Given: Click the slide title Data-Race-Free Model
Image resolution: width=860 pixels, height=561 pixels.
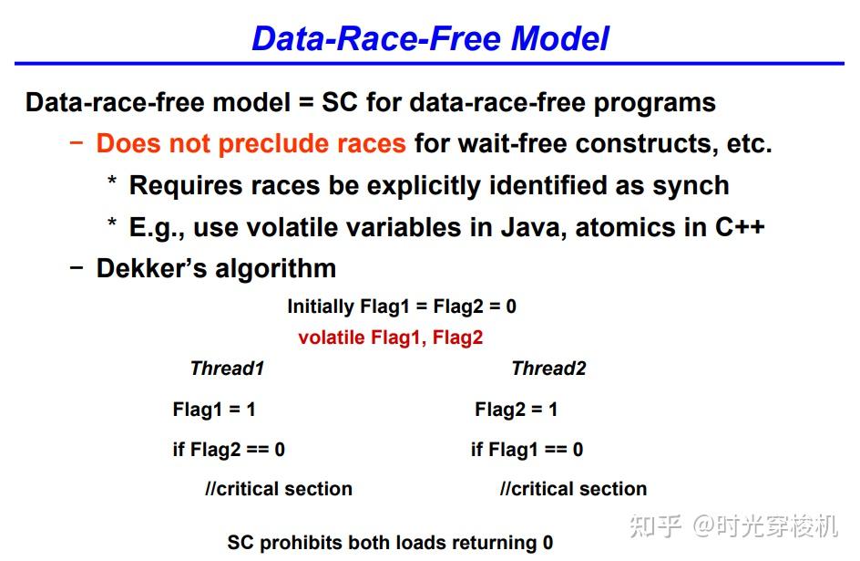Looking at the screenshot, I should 430,38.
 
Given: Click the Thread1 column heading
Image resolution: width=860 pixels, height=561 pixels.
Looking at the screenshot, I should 227,369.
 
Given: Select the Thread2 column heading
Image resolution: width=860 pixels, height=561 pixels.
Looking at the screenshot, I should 548,369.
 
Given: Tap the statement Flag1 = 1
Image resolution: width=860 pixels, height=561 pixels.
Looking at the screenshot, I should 214,410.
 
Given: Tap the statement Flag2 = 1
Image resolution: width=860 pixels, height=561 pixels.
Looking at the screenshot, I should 516,410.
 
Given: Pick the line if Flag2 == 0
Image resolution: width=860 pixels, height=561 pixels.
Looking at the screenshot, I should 229,449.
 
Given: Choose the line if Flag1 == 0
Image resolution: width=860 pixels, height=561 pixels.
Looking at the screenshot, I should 527,449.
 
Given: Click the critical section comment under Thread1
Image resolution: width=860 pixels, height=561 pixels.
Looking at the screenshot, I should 278,489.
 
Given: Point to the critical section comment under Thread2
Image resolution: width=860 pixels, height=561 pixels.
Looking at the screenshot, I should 573,489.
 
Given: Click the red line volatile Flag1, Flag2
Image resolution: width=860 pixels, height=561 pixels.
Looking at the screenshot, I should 390,338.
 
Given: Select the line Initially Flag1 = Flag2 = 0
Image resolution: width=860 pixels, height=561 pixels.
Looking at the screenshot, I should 401,306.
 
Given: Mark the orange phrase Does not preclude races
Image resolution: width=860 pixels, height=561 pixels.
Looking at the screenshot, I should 251,143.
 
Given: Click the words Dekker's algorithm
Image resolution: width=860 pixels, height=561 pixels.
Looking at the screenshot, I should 216,268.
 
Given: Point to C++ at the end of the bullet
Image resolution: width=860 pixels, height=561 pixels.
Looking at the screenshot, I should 739,226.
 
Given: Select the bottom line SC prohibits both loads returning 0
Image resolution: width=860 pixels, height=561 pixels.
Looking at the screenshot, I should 390,543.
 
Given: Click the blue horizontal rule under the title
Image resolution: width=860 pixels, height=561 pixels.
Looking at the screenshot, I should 429,64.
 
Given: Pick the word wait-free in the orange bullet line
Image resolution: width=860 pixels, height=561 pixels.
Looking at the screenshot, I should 512,143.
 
